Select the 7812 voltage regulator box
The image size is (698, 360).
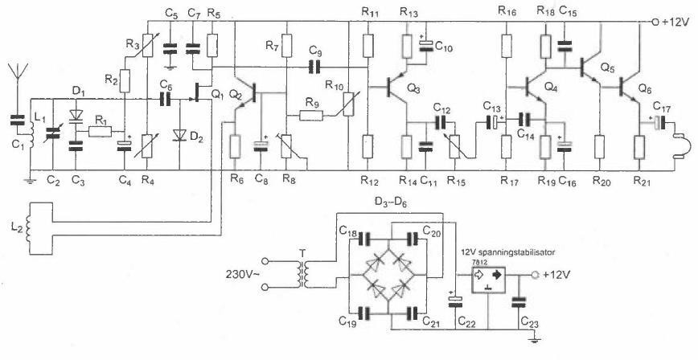coord(491,284)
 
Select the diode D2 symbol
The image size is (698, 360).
coord(180,135)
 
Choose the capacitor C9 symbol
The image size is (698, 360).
coord(314,63)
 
